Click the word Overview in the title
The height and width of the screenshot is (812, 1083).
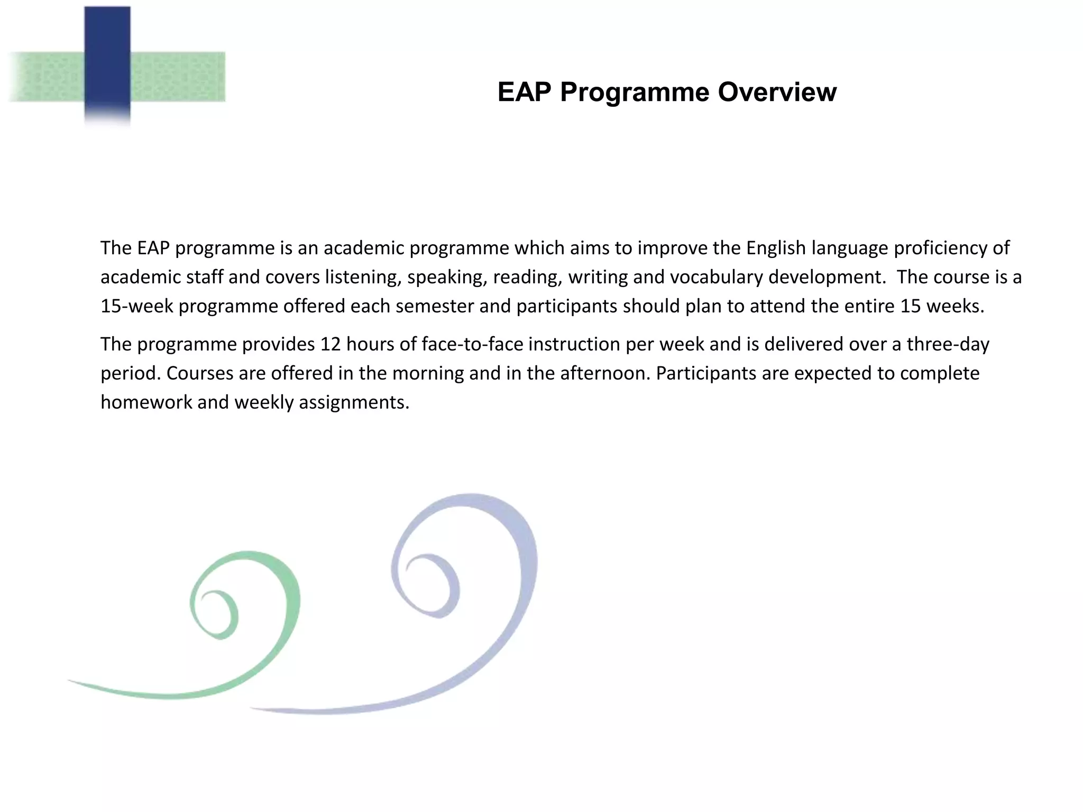pyautogui.click(x=777, y=92)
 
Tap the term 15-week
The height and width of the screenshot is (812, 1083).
pyautogui.click(x=136, y=306)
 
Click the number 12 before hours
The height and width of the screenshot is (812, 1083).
pyautogui.click(x=331, y=344)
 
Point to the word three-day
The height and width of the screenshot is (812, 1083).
pyautogui.click(x=948, y=344)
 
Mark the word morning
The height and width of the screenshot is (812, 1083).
pyautogui.click(x=427, y=373)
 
